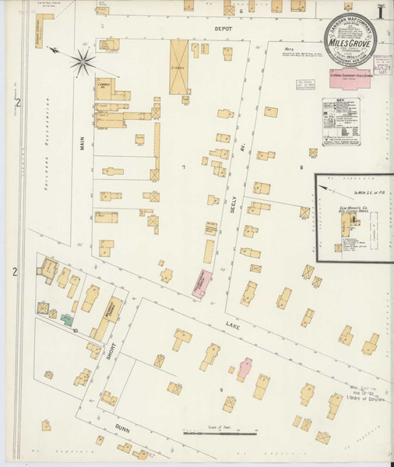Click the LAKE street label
[x=233, y=328]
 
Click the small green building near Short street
[x=68, y=320]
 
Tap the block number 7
[x=184, y=167]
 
